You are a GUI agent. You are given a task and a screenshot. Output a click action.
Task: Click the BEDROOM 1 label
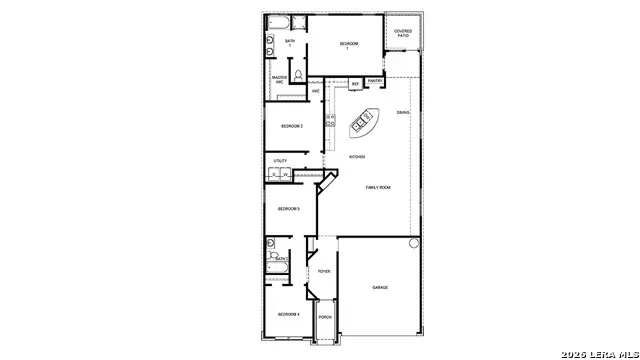[348, 45]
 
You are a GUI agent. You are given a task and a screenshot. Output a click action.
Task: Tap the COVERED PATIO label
[403, 33]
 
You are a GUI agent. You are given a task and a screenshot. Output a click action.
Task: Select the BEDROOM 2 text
[291, 126]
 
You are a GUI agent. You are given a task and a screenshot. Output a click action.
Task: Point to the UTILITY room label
[280, 160]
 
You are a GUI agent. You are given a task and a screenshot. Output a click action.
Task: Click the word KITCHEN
[357, 157]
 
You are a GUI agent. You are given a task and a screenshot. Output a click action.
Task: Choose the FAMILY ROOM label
[378, 188]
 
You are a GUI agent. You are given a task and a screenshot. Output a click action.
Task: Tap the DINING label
[403, 112]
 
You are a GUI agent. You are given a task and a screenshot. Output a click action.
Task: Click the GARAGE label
[380, 288]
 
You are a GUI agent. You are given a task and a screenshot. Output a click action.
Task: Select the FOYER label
[324, 271]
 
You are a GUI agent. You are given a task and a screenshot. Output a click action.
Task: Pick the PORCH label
[324, 318]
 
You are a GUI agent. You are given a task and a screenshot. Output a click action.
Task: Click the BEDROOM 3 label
[289, 208]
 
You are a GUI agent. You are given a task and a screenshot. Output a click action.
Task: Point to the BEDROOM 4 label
[289, 315]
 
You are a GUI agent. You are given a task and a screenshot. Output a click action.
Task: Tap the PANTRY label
[374, 81]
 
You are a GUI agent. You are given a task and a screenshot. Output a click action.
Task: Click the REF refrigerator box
[354, 84]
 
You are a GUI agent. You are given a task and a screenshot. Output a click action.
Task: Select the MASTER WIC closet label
[280, 79]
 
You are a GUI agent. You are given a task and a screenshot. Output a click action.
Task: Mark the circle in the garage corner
[413, 243]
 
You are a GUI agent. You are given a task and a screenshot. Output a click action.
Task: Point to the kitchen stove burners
[329, 120]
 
